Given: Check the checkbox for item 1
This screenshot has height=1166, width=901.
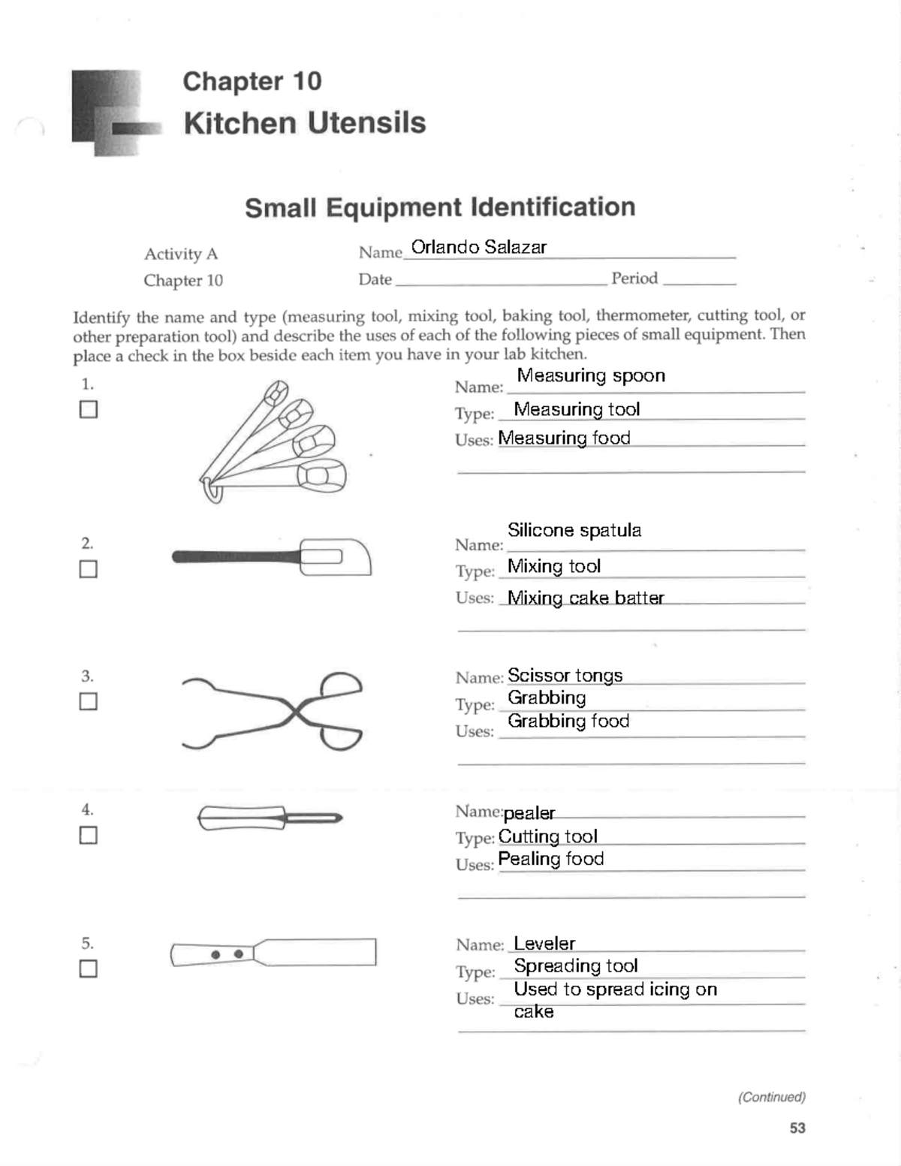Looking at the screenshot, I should coord(89,409).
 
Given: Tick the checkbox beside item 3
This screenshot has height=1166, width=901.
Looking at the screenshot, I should coord(89,701).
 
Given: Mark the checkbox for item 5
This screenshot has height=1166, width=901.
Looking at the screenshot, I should coord(89,969).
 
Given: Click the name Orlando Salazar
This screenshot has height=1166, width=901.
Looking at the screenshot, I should coord(478,247).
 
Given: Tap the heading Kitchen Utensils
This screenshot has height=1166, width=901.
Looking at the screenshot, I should coord(304,123).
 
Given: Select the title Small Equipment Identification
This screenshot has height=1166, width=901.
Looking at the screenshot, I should coord(440,207).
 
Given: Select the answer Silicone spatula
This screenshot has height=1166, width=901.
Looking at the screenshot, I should coord(574,530).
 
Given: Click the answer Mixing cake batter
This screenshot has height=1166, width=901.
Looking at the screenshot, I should coord(586,598).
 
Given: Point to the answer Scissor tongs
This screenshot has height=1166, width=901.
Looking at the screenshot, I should coord(565,675).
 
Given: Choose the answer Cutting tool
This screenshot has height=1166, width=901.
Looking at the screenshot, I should coord(547,836).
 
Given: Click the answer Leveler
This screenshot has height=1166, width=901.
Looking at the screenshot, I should coord(544,944).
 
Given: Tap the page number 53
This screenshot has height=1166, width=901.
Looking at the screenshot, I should coord(797,1128).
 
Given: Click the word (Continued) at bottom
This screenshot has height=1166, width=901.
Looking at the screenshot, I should coord(771,1097).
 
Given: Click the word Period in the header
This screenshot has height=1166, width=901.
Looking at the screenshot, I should coord(634,279).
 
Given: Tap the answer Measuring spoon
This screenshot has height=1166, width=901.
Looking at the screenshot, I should coord(591,375).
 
